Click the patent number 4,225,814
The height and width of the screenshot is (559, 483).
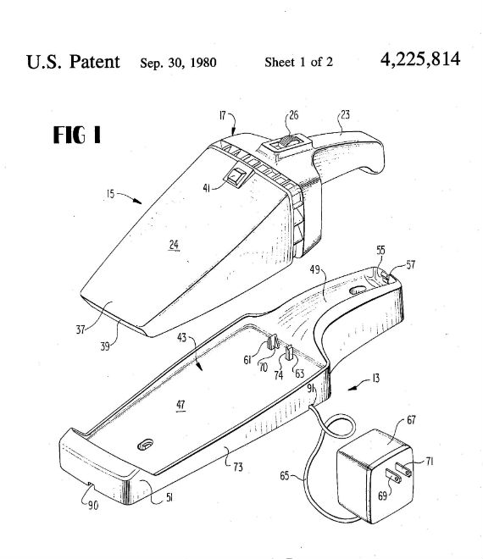pos(420,60)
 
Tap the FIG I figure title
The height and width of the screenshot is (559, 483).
pos(77,136)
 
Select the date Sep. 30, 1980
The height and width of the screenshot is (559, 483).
pos(178,63)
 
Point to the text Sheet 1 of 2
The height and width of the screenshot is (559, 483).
pos(298,62)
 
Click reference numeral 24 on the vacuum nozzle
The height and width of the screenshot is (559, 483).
pos(174,245)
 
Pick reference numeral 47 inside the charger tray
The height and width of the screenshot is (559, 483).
pos(180,405)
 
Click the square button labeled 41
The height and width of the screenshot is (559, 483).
pos(238,175)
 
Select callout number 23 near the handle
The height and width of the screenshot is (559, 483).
pos(346,114)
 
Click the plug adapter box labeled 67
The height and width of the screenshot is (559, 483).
pos(375,475)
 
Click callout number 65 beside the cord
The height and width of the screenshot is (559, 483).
pos(285,476)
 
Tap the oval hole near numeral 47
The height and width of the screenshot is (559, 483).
pos(146,445)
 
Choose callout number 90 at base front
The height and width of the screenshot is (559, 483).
pos(93,506)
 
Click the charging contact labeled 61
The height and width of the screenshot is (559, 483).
pos(272,343)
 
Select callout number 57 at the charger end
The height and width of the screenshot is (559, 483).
pos(411,264)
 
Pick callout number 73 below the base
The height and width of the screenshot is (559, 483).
pos(238,467)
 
